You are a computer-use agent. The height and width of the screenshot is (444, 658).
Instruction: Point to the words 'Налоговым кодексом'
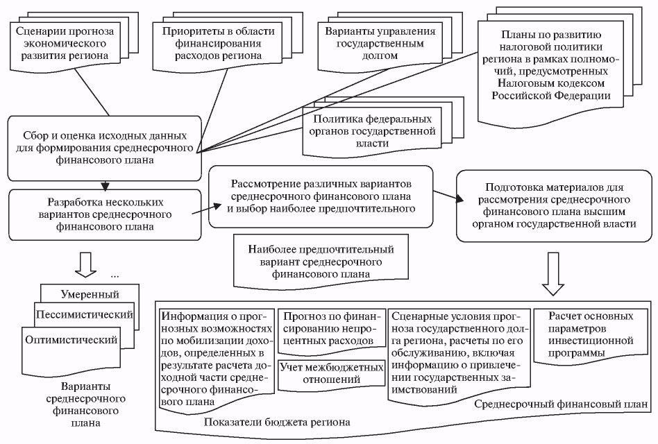[x=551, y=83]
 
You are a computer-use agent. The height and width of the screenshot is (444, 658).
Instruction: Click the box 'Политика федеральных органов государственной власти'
[x=372, y=131]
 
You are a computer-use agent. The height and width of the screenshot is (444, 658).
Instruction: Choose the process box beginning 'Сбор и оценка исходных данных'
[x=105, y=148]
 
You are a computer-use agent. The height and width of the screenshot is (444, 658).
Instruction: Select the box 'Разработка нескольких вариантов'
[x=105, y=214]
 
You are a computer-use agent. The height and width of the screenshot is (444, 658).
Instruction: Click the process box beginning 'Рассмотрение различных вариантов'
[x=321, y=196]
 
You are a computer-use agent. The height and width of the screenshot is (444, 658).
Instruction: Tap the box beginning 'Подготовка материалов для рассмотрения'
[x=554, y=206]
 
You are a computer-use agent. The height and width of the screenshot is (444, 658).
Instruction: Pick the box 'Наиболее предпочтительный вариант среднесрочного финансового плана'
[x=321, y=262]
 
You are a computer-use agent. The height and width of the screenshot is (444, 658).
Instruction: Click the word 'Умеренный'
[x=90, y=294]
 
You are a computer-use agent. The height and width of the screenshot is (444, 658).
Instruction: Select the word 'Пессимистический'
[x=85, y=314]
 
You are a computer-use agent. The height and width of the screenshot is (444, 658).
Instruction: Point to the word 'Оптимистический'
[x=71, y=340]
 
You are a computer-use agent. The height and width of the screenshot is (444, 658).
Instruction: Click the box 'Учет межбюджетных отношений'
[x=332, y=373]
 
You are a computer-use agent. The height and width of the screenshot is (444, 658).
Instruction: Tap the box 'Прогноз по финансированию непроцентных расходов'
[x=332, y=329]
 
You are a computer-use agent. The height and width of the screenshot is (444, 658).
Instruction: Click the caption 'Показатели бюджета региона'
[x=277, y=422]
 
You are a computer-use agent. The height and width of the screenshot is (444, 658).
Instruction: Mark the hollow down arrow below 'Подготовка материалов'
[x=553, y=274]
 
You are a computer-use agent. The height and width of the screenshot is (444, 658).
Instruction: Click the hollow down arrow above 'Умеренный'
[x=85, y=264]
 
